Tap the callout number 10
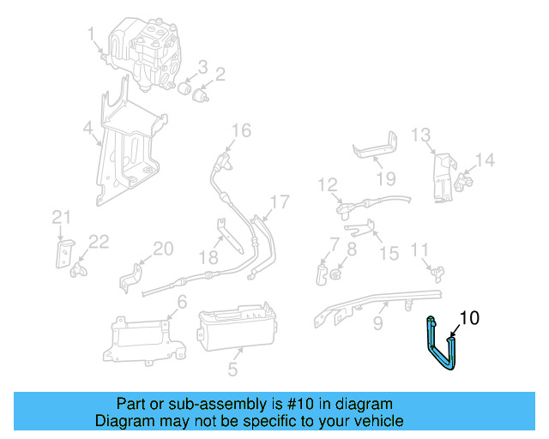tap(469, 318)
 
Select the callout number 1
tap(90, 33)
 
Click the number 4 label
tap(88, 129)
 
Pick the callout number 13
tap(419, 135)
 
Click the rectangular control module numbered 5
tap(236, 329)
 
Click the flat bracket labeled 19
tap(376, 151)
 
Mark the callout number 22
tap(99, 243)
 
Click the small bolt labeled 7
tap(321, 274)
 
